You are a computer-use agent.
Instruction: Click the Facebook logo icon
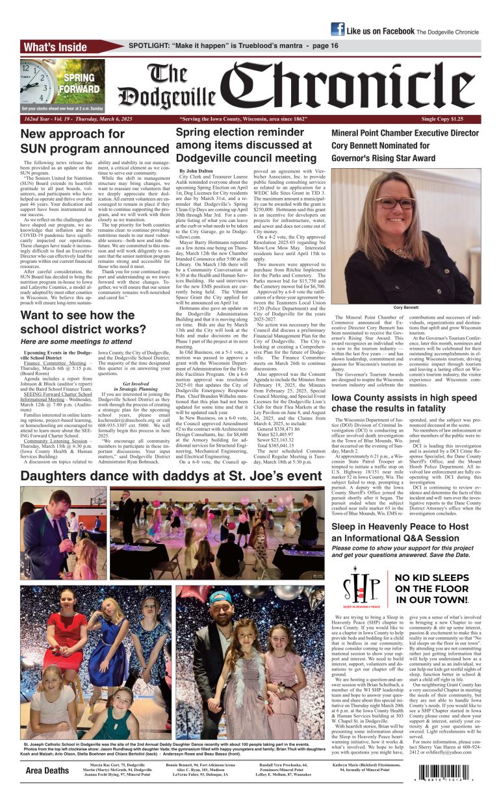[x=337, y=29]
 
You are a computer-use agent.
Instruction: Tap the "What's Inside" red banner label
[x=55, y=47]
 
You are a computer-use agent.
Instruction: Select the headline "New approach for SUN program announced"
[x=95, y=142]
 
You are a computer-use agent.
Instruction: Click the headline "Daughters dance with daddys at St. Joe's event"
[x=171, y=476]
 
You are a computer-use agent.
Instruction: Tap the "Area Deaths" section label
[x=47, y=770]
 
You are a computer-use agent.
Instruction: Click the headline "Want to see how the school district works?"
[x=85, y=323]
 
